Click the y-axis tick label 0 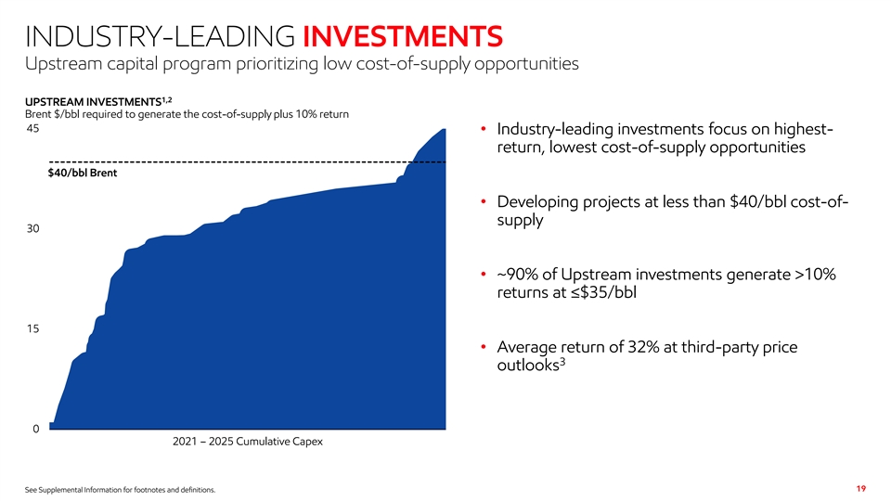point(36,429)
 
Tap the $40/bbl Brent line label point(82,173)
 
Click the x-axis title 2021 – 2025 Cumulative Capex point(248,442)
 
